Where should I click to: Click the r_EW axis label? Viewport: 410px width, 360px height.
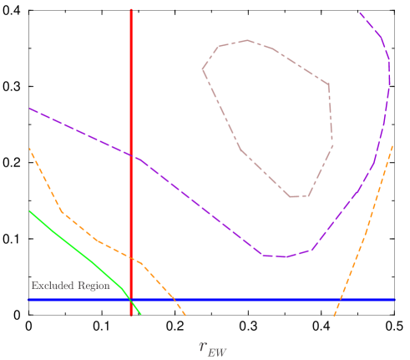[213, 346]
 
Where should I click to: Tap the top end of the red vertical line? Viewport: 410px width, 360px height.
[131, 10]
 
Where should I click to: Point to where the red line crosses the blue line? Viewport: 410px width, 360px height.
[131, 299]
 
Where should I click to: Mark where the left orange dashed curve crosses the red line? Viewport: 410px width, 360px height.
[131, 258]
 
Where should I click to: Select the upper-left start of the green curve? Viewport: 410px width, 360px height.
[30, 210]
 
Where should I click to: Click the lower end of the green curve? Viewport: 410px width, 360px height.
[141, 314]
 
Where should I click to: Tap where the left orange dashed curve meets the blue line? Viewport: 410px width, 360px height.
[175, 299]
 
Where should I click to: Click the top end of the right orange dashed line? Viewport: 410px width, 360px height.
[393, 147]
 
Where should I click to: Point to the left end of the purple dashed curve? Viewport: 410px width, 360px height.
[30, 109]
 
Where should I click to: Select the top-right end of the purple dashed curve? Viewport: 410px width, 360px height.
[360, 13]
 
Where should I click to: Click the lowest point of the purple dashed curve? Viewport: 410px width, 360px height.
[284, 256]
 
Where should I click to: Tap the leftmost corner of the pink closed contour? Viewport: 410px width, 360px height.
[202, 68]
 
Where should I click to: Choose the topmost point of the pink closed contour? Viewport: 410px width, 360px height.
[246, 39]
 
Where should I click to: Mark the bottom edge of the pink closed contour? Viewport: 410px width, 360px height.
[299, 197]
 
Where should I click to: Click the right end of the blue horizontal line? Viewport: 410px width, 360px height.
[394, 299]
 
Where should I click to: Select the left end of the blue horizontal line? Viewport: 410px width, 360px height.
[28, 299]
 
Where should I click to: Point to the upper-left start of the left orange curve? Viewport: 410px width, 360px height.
[30, 149]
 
